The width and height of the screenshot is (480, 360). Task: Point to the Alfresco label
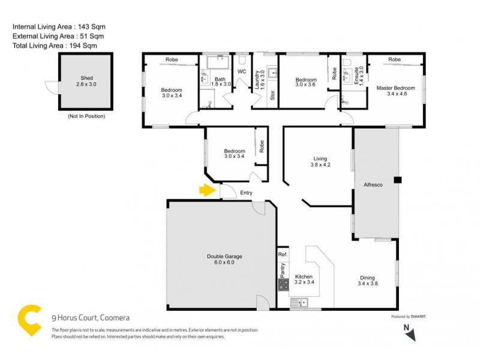click(x=376, y=186)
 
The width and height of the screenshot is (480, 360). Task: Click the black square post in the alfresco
click(x=397, y=179)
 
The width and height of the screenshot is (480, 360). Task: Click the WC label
click(x=242, y=72)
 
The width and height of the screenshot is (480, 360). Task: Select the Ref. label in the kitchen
click(x=283, y=254)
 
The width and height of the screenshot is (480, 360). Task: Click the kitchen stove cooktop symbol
click(x=283, y=286)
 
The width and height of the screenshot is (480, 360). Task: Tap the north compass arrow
click(x=409, y=334)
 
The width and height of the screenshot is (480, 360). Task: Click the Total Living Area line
click(x=55, y=45)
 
